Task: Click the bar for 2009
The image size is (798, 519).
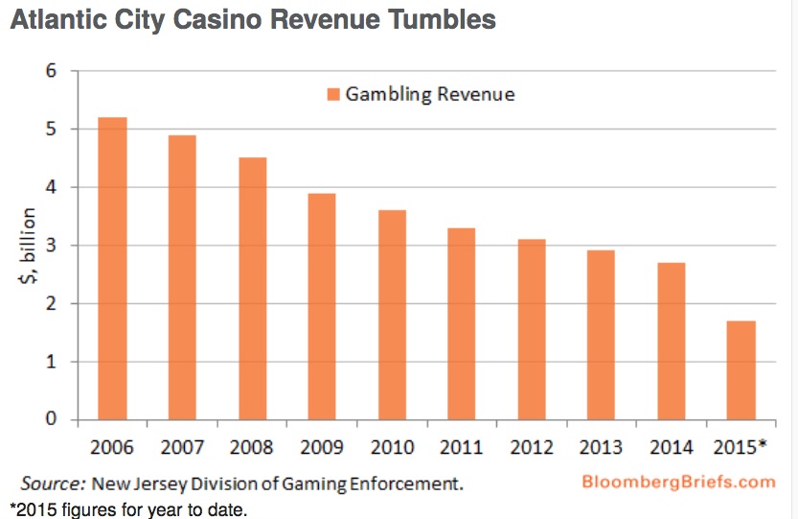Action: click(x=321, y=306)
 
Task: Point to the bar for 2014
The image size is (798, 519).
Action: click(x=671, y=341)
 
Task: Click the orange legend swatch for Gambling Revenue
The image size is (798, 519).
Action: click(x=333, y=94)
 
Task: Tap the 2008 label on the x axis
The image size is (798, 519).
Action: click(x=251, y=446)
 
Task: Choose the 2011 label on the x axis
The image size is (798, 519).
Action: click(x=461, y=446)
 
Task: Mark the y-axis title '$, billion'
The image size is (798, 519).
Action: click(x=30, y=246)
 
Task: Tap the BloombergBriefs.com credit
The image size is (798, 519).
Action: click(x=678, y=482)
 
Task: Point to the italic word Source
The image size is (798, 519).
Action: click(x=54, y=483)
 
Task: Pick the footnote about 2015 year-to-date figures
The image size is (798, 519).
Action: click(x=128, y=508)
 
